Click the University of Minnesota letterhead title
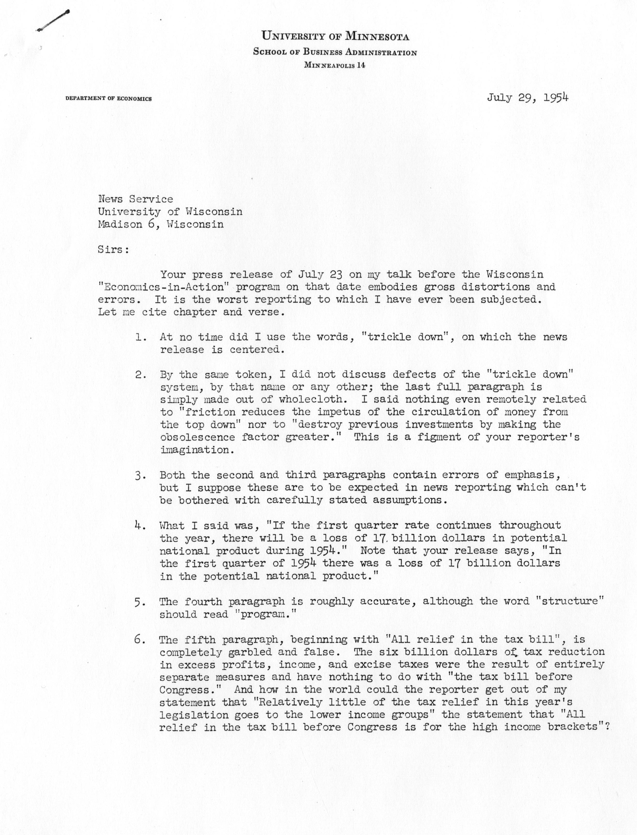335,36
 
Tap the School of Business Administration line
335,52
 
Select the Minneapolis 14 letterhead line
335,65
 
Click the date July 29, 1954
528,98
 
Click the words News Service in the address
135,199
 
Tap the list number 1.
141,337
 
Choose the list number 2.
141,375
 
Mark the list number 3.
141,475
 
